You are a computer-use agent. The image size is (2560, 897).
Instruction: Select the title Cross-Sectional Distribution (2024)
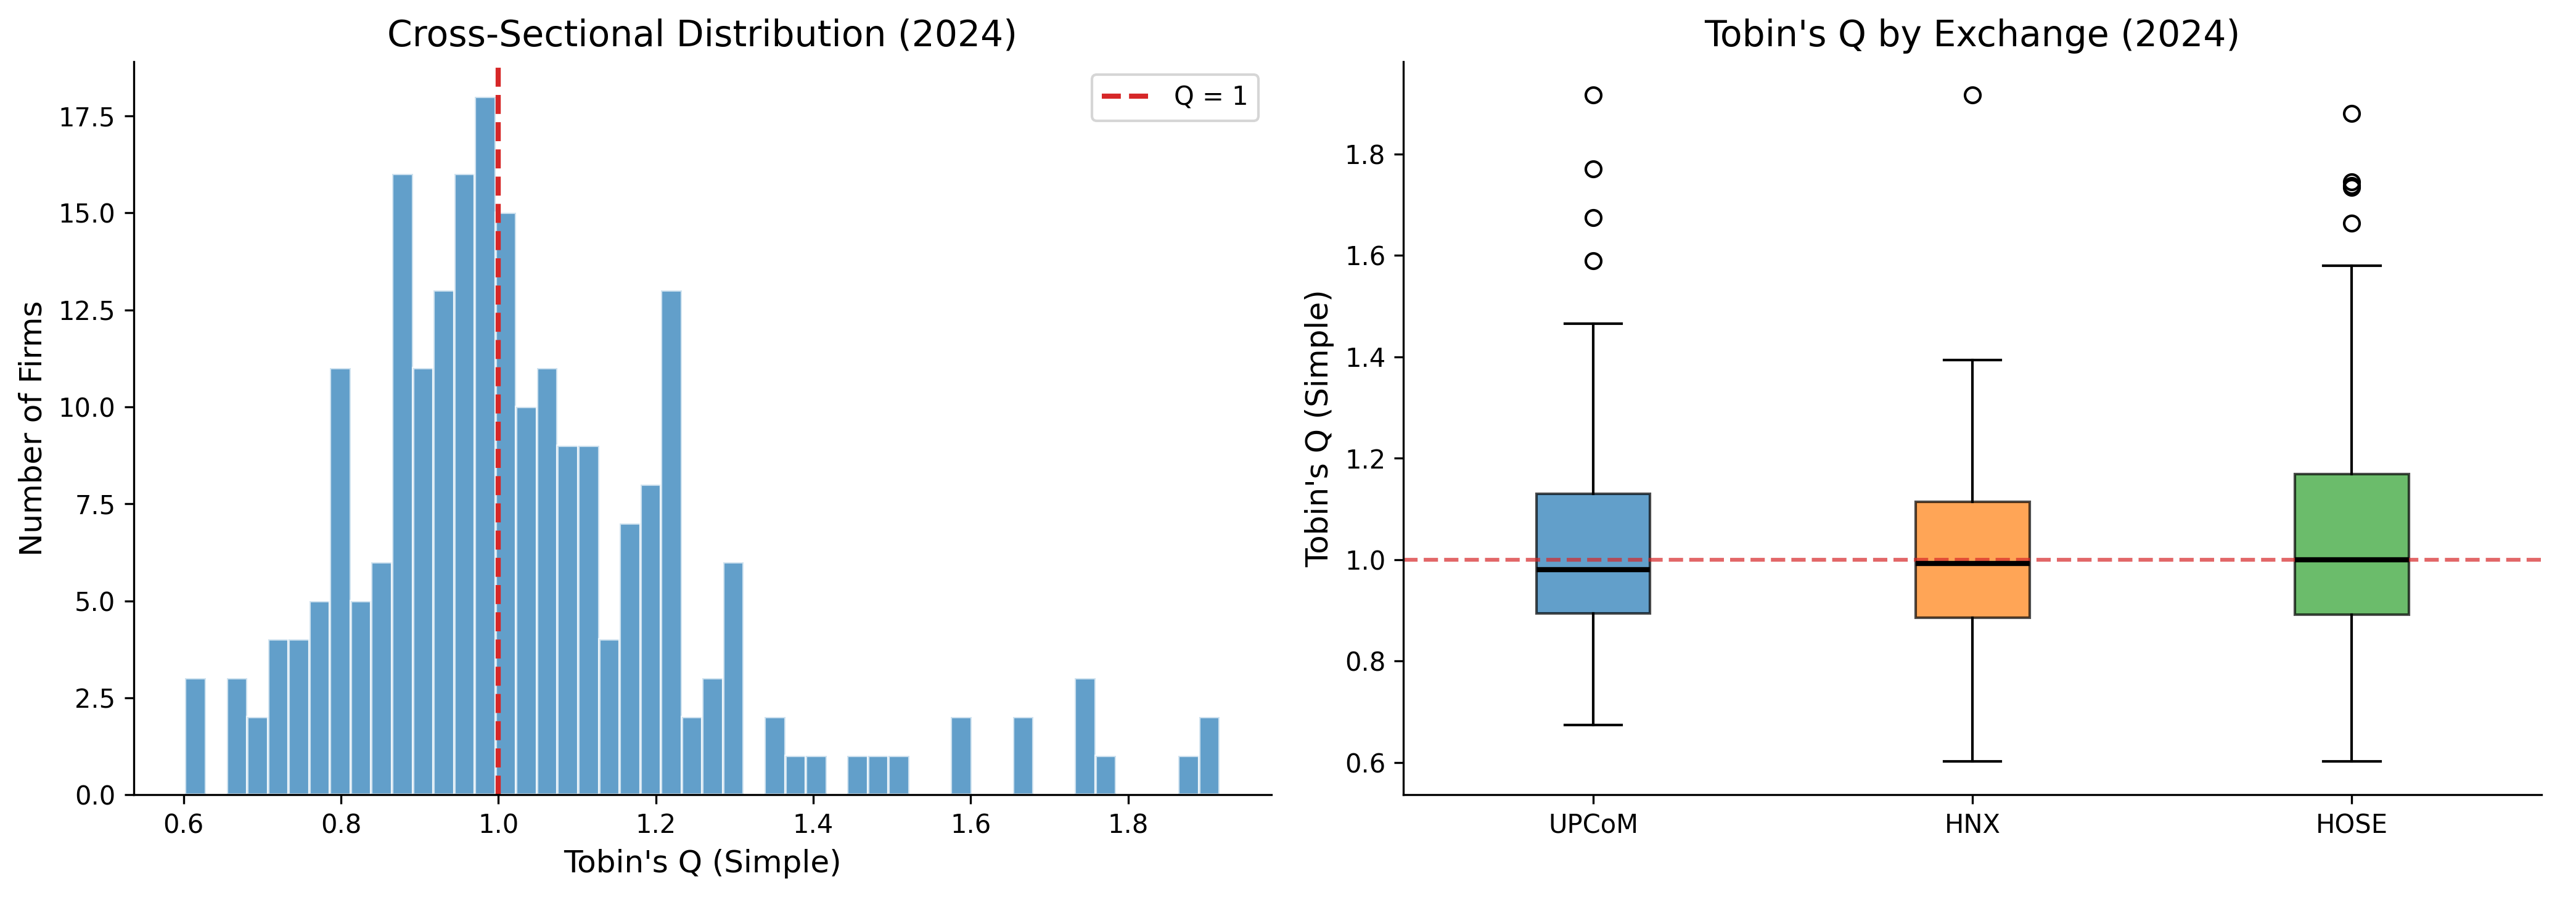702,34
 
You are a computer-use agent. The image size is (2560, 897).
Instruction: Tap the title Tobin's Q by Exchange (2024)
1972,34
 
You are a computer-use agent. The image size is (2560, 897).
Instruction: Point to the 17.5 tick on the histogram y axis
88,117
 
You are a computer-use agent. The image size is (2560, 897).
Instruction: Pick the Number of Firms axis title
32,427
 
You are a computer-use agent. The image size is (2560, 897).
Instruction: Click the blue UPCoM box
1593,553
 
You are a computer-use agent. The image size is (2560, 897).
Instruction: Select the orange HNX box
1972,559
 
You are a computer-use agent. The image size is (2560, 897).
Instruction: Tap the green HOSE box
2352,544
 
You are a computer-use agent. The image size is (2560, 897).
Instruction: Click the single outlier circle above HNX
1972,96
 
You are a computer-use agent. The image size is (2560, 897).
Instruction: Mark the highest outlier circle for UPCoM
1593,96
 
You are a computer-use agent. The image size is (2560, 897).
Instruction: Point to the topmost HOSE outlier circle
2352,113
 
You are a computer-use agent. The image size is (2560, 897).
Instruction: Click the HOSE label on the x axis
2352,824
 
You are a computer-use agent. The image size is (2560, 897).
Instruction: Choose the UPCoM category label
1593,824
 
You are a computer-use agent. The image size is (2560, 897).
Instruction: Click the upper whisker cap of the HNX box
1972,361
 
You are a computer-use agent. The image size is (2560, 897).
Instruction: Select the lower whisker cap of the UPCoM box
1593,725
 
